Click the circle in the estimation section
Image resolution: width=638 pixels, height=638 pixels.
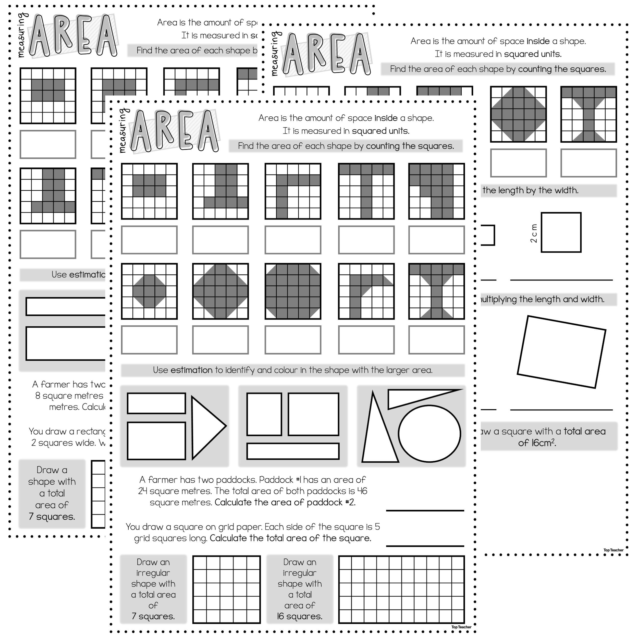[x=429, y=434]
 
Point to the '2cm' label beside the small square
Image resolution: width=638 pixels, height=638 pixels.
[x=534, y=233]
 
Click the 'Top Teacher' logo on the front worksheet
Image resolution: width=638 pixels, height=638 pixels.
[x=461, y=627]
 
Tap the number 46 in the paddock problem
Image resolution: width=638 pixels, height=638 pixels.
[x=362, y=491]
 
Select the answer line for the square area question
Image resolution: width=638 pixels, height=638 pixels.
[x=425, y=546]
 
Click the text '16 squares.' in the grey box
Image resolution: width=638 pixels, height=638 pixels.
[x=300, y=616]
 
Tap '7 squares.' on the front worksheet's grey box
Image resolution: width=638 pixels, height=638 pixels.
[x=153, y=616]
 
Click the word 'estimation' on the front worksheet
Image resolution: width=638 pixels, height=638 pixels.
[x=191, y=370]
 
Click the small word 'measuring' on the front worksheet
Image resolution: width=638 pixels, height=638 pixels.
[x=122, y=131]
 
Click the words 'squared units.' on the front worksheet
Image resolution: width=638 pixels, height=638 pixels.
[x=381, y=131]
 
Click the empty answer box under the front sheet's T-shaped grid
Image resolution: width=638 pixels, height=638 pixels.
[x=366, y=240]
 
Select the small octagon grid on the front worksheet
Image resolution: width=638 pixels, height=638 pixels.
[x=149, y=291]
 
